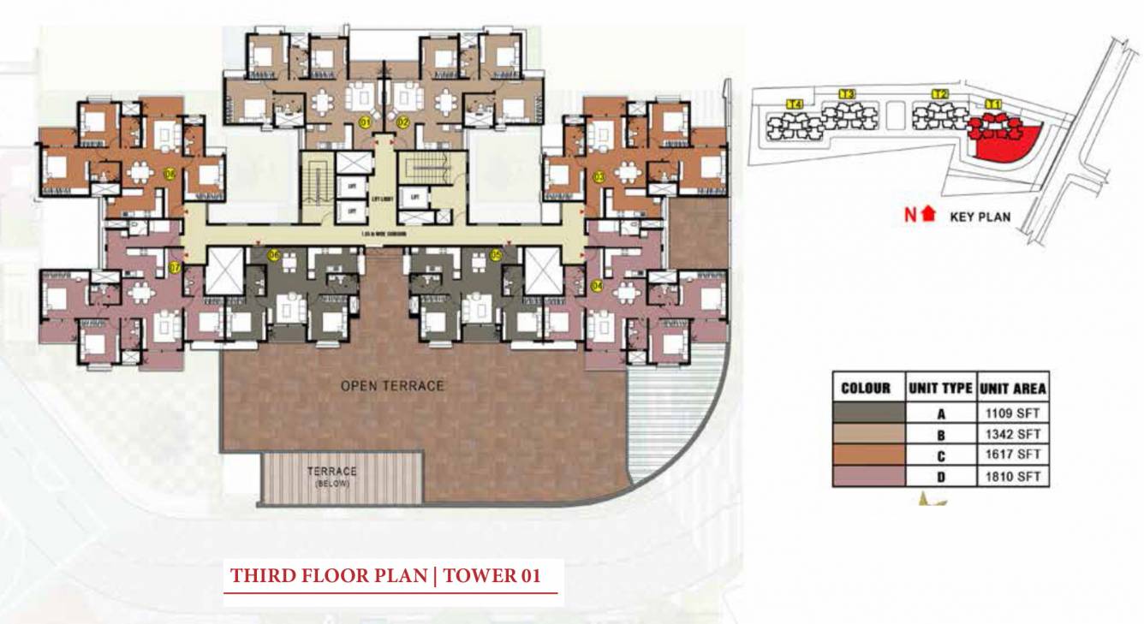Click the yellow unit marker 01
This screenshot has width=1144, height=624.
364,122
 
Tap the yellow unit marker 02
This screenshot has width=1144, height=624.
403,122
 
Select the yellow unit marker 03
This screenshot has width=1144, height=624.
598,177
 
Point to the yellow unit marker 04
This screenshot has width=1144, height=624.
597,286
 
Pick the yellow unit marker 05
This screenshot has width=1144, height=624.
496,254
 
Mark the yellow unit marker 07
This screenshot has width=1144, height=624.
174,268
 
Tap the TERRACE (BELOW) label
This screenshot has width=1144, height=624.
332,476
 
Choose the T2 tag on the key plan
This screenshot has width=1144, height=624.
939,94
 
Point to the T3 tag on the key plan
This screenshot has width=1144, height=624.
847,94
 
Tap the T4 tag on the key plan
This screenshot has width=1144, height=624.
795,104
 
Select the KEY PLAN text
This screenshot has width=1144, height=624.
980,217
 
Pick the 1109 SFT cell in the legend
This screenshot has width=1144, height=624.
1012,413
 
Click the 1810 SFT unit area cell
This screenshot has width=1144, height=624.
1012,477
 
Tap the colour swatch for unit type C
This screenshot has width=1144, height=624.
868,455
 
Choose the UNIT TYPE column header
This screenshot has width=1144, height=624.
941,389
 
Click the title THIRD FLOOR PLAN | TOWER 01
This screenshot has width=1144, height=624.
385,576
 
